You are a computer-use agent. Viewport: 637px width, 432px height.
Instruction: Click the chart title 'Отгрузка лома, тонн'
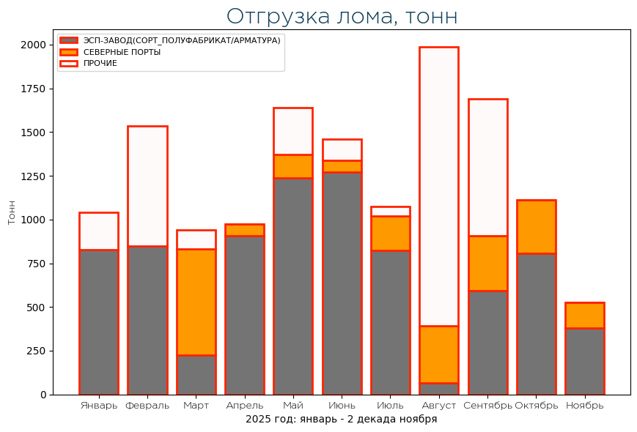(x=342, y=16)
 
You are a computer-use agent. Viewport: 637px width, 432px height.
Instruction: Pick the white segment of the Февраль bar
(x=147, y=186)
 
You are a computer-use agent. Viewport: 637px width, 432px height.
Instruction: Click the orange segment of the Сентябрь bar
(x=487, y=264)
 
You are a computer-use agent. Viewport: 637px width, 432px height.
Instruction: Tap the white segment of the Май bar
(x=292, y=131)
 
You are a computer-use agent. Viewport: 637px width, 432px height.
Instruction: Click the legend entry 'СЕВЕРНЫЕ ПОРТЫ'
(x=122, y=52)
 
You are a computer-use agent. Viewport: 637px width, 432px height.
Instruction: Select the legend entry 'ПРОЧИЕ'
(x=100, y=64)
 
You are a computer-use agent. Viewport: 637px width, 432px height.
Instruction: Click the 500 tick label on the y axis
(x=36, y=308)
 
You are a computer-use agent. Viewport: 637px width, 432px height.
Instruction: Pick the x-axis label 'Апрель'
(x=244, y=406)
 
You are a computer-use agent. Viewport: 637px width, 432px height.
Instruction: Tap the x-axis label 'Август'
(x=438, y=406)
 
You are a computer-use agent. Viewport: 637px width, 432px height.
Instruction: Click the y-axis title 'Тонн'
(x=12, y=212)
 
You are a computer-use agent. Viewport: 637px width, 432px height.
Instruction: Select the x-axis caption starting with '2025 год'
(x=341, y=420)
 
